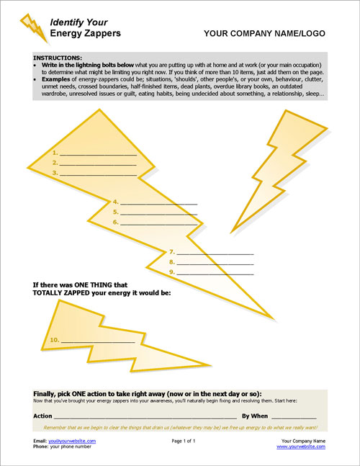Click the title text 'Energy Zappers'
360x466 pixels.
tap(85, 33)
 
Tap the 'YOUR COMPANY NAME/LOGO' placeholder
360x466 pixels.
tap(264, 33)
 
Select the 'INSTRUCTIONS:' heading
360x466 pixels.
tap(58, 57)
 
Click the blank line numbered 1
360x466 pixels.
tap(97, 154)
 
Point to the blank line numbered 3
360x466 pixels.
tap(97, 174)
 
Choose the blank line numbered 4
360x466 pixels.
tap(158, 203)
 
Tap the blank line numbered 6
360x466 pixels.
tap(158, 223)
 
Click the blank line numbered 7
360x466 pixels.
tap(215, 253)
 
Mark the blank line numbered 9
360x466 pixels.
tap(215, 273)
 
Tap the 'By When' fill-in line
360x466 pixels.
tap(294, 416)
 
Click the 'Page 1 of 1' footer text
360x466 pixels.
tap(184, 441)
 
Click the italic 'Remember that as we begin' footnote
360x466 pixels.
tap(180, 428)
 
